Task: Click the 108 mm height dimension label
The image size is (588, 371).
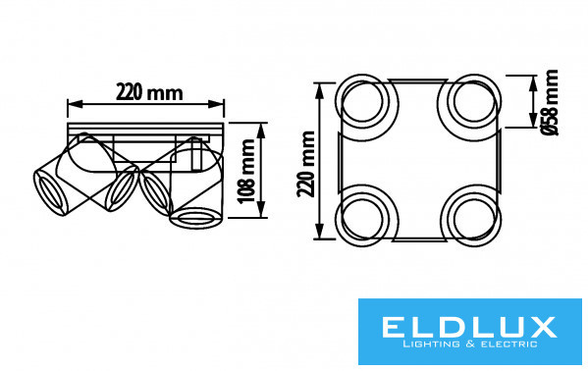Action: point(247,171)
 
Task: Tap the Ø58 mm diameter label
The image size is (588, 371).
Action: point(551,102)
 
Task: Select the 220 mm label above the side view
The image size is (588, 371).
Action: point(149,92)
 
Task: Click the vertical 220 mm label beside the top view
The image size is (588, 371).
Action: point(306,164)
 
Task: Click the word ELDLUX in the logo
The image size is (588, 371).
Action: point(469,327)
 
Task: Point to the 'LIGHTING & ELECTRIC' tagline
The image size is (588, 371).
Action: point(469,344)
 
